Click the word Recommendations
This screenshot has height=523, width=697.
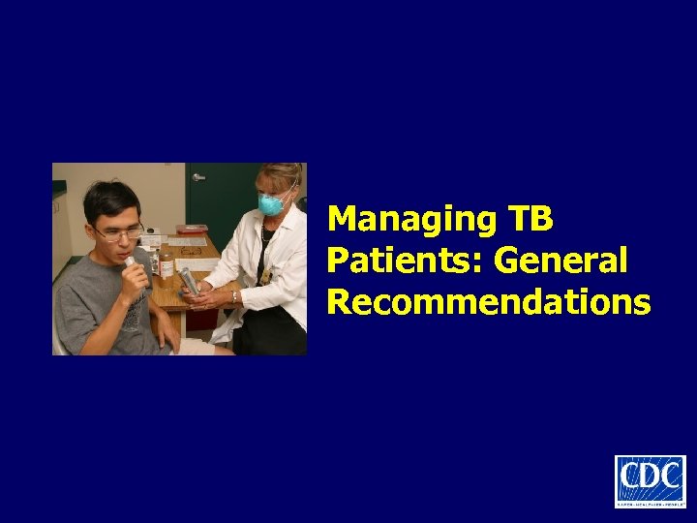coord(489,302)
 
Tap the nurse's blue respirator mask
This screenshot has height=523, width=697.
coord(272,203)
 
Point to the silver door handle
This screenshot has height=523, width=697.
coord(198,177)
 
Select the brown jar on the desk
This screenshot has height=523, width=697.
coord(166,262)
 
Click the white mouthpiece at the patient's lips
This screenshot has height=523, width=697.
coord(130,262)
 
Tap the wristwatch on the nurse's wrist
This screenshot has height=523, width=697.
coord(234,296)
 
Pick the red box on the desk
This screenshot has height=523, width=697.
coord(192,229)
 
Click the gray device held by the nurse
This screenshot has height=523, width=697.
coord(190,281)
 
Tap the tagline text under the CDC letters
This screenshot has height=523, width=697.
coord(650,501)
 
